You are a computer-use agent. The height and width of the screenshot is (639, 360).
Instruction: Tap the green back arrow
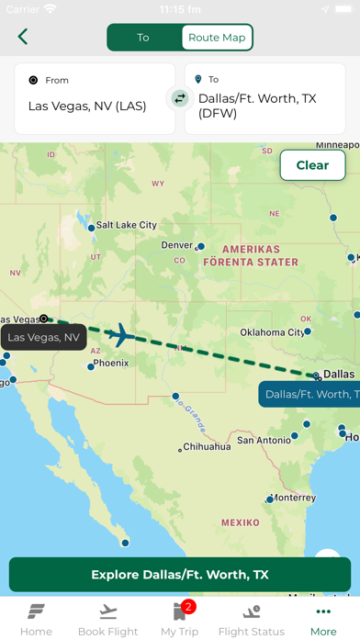(x=23, y=37)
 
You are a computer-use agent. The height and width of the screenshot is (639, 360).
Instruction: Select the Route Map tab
(x=217, y=38)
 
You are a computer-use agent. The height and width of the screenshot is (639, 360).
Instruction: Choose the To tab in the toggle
(x=143, y=38)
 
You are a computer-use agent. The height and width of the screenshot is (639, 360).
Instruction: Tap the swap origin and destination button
(x=180, y=98)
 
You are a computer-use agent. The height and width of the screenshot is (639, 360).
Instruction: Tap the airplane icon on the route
(x=120, y=335)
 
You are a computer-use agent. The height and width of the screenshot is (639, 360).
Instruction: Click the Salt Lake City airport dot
(x=91, y=227)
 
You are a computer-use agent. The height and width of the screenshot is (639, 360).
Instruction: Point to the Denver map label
(x=177, y=245)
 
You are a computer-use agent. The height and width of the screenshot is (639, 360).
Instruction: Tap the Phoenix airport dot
(x=91, y=366)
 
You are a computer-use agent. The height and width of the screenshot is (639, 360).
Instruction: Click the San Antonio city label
(x=264, y=440)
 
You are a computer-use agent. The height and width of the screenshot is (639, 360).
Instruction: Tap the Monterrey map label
(x=293, y=497)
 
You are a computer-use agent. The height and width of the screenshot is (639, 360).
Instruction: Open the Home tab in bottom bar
(x=36, y=620)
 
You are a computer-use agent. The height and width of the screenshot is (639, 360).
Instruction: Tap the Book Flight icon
(x=107, y=611)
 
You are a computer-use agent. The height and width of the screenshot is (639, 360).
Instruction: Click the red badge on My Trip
(x=188, y=606)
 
